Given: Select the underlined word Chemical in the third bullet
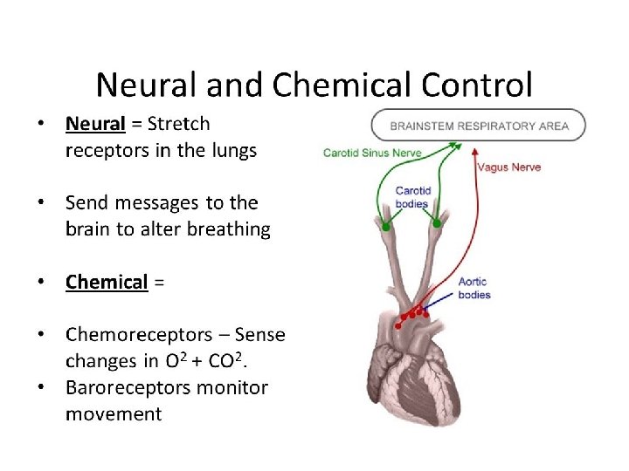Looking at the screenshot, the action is (x=107, y=283).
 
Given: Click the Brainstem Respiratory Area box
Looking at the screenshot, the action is (x=479, y=126).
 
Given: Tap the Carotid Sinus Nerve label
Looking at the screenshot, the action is (x=372, y=154).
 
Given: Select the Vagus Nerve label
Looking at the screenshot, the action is (x=508, y=167).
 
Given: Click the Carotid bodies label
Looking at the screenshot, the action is (x=411, y=198).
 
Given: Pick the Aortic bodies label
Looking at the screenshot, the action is (x=474, y=289).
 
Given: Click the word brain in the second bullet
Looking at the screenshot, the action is (x=88, y=229).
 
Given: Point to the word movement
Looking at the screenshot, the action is (x=114, y=413).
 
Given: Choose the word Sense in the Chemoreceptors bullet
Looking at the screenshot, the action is (x=260, y=335).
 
